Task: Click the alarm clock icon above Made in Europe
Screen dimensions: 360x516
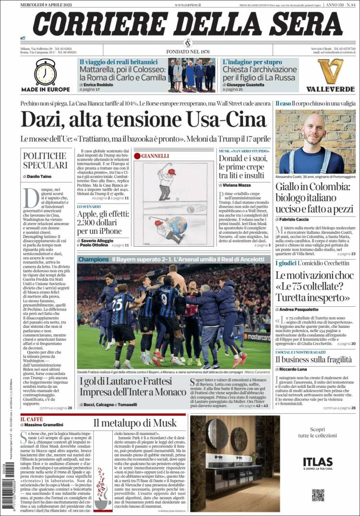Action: click(x=46, y=72)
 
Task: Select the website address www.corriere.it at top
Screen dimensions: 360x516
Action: click(x=188, y=4)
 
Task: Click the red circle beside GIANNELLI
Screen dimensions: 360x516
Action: click(x=137, y=156)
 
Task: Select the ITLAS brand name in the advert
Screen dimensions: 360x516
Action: click(x=317, y=462)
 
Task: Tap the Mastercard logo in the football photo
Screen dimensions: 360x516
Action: click(x=258, y=337)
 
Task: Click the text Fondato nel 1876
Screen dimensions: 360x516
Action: click(x=188, y=51)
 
